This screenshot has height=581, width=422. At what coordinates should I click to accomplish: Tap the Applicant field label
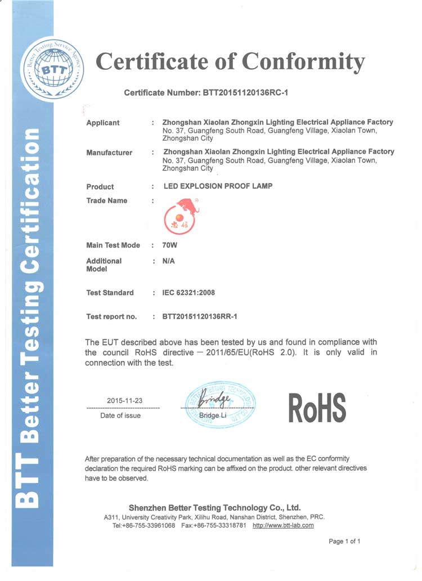pyautogui.click(x=103, y=123)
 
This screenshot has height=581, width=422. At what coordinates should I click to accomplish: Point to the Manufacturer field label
pyautogui.click(x=109, y=153)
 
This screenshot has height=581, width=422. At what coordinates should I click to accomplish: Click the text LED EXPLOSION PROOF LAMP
pyautogui.click(x=217, y=186)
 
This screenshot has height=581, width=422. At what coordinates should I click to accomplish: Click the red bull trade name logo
pyautogui.click(x=182, y=217)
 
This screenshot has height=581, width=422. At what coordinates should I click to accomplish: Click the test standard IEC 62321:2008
pyautogui.click(x=188, y=293)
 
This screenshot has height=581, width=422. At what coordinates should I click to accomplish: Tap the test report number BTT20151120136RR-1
pyautogui.click(x=200, y=316)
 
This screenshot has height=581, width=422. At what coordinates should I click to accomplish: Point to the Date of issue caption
pyautogui.click(x=120, y=415)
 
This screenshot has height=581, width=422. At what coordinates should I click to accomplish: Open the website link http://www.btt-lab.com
pyautogui.click(x=283, y=525)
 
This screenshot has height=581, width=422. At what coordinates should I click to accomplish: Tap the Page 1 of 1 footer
pyautogui.click(x=344, y=542)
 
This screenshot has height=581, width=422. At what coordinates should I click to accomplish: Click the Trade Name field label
pyautogui.click(x=107, y=200)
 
